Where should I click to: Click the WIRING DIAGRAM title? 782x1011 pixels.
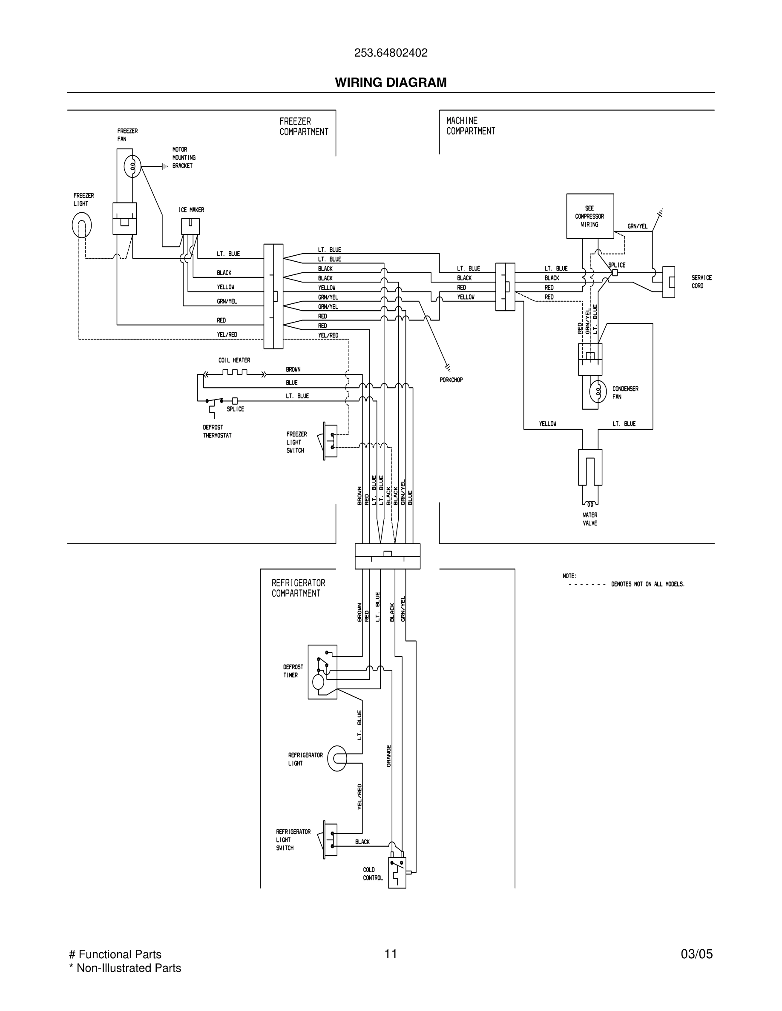391,83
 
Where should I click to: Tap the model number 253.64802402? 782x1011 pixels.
391,53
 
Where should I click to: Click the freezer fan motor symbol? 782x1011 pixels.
132,167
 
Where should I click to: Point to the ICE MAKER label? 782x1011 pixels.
191,210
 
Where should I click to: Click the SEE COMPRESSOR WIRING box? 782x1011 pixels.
590,216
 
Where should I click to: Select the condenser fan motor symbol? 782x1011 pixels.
598,391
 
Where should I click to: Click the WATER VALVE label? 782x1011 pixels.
590,519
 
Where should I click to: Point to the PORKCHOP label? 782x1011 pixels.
451,380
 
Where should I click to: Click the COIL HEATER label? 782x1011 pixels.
234,360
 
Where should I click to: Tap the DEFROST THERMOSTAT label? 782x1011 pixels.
217,431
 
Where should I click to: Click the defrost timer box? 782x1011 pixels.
322,672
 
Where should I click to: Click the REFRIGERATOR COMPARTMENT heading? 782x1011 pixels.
298,588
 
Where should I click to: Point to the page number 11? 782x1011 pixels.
391,954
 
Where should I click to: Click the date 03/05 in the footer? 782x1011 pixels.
696,954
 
